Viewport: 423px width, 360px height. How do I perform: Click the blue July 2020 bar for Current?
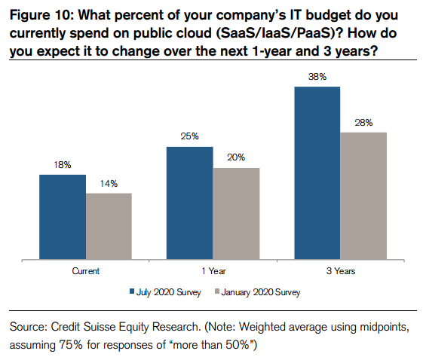point(63,217)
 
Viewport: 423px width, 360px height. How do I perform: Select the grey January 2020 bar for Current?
point(109,227)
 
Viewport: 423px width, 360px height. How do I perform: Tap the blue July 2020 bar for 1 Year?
point(190,203)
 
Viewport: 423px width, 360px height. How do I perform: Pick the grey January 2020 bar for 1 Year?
point(236,214)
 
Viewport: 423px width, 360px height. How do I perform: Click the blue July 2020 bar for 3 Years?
point(317,173)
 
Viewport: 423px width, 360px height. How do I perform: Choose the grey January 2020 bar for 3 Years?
point(363,196)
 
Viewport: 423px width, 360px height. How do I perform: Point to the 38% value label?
point(317,77)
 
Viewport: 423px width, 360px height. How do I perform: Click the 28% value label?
point(363,123)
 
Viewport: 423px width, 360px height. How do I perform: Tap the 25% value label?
point(190,136)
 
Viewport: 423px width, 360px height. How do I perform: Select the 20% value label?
point(236,157)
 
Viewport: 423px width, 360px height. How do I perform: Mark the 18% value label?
point(63,165)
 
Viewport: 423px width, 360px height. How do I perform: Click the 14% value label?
point(109,184)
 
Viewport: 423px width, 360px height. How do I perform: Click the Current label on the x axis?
point(86,271)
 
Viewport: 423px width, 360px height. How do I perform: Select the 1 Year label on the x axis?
point(213,271)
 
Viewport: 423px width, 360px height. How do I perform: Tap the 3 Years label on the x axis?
point(341,271)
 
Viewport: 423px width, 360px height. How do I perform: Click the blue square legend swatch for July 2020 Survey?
point(132,291)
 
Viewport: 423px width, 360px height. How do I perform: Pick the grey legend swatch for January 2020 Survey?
point(217,291)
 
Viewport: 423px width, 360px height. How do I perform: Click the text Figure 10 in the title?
point(41,15)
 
